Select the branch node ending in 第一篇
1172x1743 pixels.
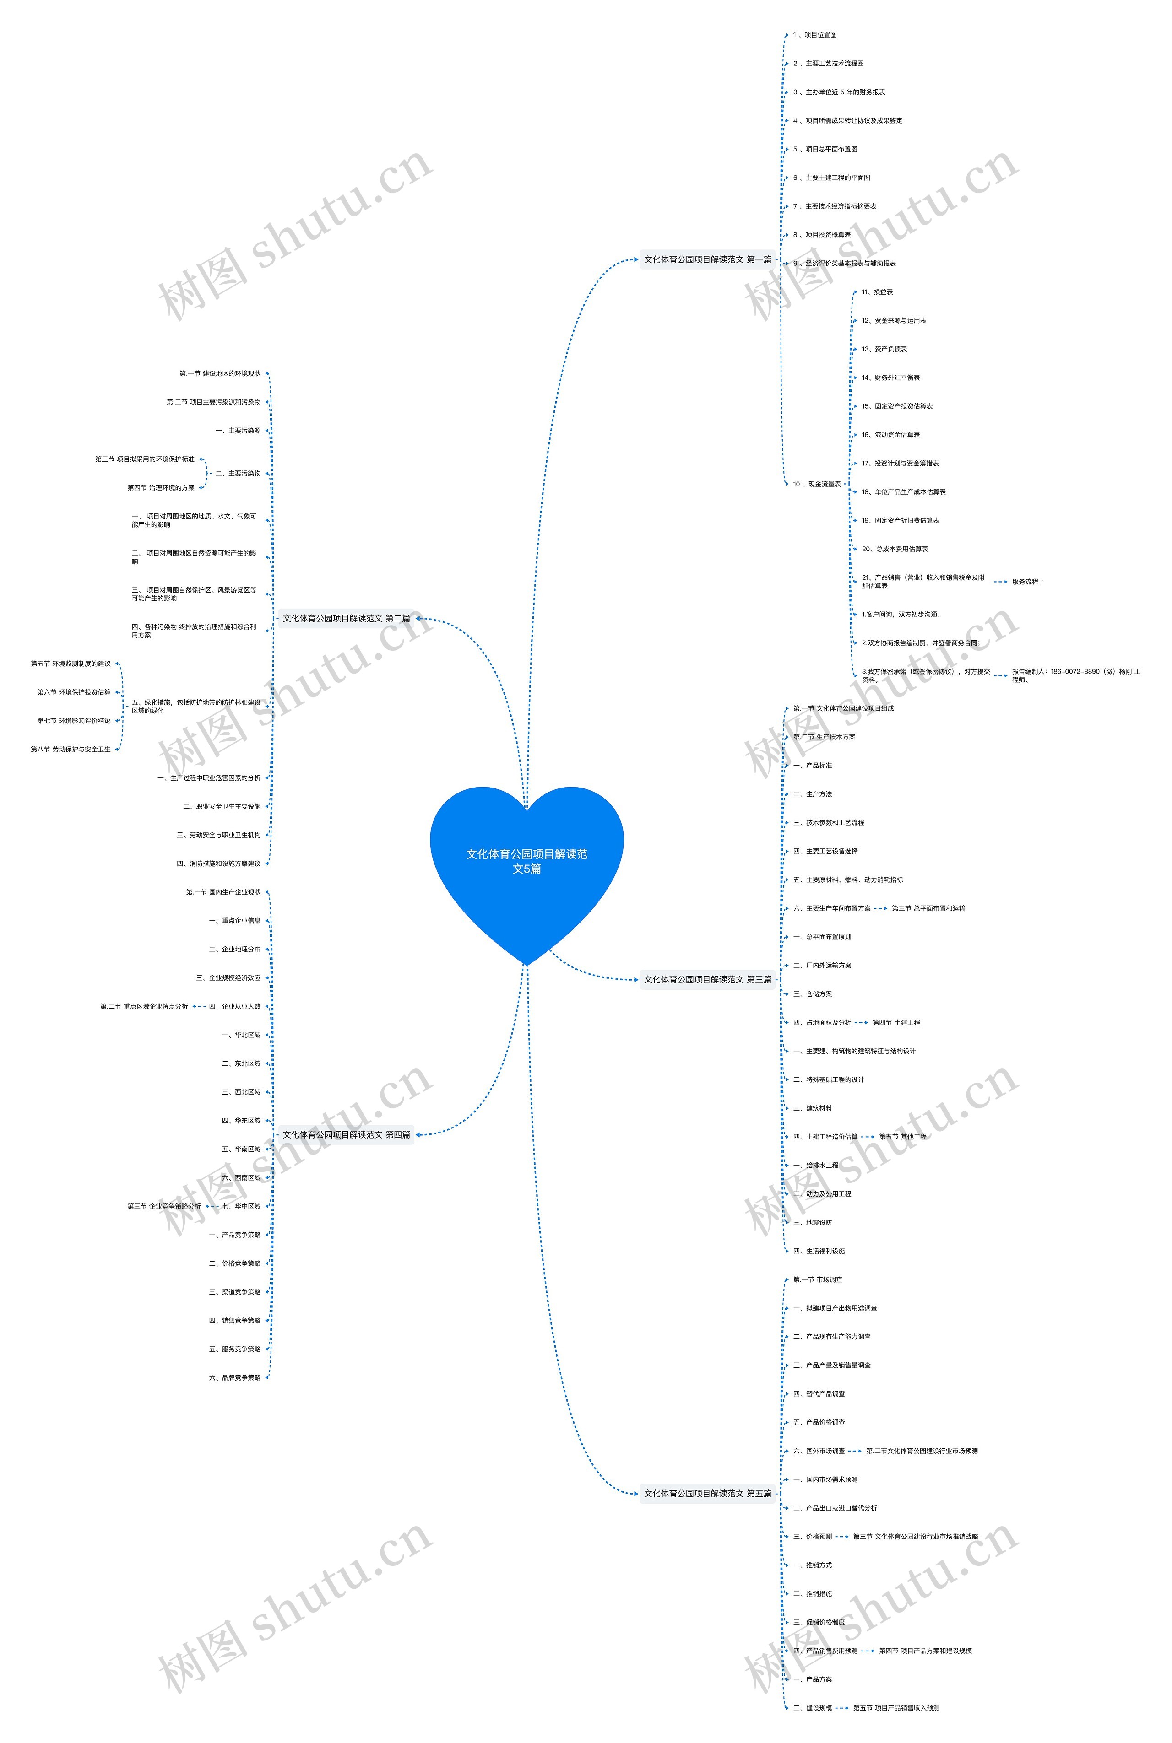(707, 259)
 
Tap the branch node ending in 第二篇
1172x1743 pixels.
(346, 618)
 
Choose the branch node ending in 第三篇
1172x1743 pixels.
(707, 979)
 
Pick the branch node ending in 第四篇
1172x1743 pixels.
(346, 1134)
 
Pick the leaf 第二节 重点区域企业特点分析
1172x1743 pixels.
(144, 1006)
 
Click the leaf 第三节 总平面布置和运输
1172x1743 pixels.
(928, 908)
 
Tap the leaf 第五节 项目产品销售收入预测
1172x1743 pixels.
(896, 1708)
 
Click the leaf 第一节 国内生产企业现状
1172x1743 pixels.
(223, 892)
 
